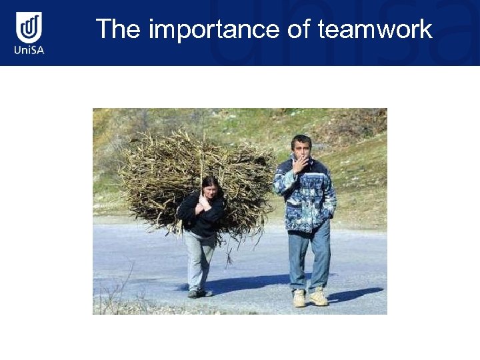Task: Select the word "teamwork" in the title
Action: click(375, 30)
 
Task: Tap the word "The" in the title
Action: click(119, 30)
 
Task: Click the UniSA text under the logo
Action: click(29, 50)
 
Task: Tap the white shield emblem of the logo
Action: click(29, 27)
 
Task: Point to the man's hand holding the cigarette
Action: click(299, 165)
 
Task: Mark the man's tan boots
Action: click(309, 298)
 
